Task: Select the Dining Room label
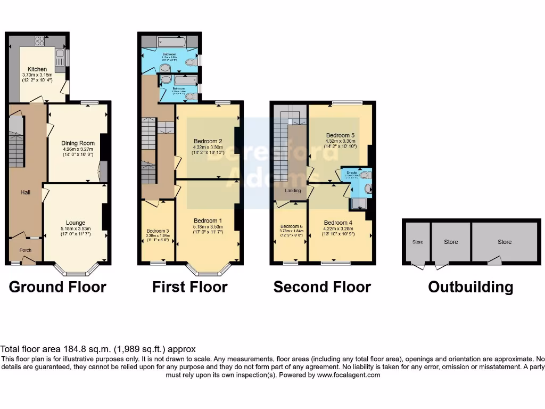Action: tap(78, 143)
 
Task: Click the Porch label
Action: tap(25, 250)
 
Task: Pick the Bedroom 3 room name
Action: tap(158, 231)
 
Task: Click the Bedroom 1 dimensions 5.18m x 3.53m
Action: tap(208, 227)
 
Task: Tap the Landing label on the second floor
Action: tap(293, 191)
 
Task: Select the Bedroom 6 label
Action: tap(291, 226)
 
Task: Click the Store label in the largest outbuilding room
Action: tap(505, 242)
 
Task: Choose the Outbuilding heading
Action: tap(470, 288)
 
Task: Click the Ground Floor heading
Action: tap(57, 288)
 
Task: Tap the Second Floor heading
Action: tap(322, 288)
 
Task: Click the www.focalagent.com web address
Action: tap(349, 375)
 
